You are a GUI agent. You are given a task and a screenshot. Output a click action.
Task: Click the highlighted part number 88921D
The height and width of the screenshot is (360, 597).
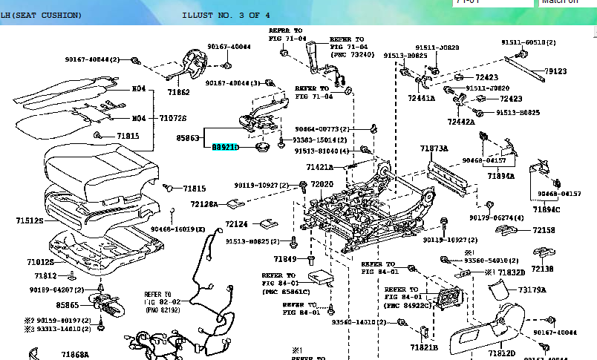[226, 148]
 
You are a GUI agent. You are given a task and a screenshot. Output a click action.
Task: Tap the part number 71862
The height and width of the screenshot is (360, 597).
[178, 93]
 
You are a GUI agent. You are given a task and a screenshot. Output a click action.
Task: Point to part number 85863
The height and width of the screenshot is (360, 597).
[189, 138]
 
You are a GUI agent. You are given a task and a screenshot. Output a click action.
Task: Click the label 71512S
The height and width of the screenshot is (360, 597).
[29, 221]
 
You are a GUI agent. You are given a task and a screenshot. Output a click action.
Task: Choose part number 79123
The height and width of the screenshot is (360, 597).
[555, 72]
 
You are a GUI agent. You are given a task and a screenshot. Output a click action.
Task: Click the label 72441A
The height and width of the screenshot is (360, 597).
[421, 98]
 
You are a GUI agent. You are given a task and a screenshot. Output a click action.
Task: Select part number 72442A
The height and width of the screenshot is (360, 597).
[461, 122]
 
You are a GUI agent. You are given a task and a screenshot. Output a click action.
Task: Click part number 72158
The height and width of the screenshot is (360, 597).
[544, 231]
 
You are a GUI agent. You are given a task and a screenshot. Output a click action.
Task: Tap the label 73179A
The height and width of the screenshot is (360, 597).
[532, 289]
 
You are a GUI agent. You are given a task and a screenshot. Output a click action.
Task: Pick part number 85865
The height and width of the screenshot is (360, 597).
[66, 305]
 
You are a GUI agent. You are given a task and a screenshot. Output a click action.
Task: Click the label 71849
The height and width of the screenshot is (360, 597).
[284, 259]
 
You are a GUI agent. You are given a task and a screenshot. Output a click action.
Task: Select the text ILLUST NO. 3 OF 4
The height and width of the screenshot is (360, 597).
[226, 15]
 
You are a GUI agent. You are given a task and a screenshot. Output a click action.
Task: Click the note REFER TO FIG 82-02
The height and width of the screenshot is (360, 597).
[157, 298]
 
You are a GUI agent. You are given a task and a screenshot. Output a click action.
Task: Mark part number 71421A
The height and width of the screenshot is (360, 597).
[319, 168]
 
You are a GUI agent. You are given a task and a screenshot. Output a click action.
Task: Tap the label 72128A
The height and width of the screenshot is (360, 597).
[204, 204]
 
